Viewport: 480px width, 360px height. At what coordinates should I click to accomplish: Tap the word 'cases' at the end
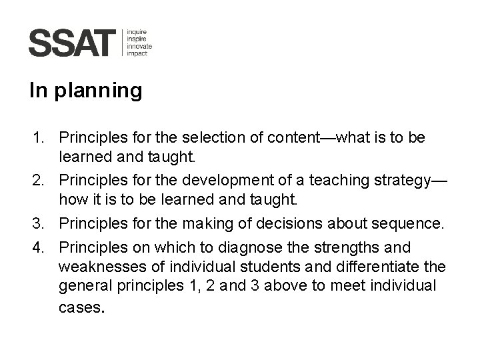tap(80, 309)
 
